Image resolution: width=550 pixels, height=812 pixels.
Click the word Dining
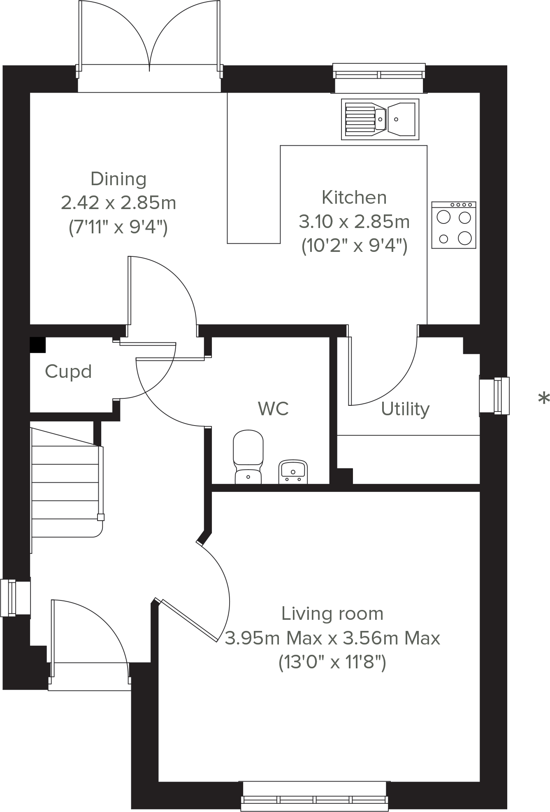(x=118, y=179)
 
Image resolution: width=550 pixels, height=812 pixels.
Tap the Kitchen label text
(x=354, y=198)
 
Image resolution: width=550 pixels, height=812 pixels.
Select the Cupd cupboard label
(x=68, y=372)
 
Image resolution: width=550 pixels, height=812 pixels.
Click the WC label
(x=273, y=409)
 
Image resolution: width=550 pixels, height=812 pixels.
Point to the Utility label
(x=405, y=409)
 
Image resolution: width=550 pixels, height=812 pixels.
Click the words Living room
(x=332, y=614)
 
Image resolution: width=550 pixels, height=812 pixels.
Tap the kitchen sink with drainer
(x=380, y=119)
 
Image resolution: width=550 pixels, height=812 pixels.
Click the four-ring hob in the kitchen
(x=454, y=225)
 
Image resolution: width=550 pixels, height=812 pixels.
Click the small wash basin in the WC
(x=293, y=472)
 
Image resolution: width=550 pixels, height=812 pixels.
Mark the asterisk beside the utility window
(x=543, y=399)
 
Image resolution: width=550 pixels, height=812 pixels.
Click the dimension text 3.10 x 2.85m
(x=354, y=222)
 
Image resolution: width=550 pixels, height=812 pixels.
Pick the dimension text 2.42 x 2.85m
(x=118, y=203)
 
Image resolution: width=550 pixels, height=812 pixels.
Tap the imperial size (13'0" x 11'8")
(x=332, y=663)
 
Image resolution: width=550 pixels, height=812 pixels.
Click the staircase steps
(x=65, y=482)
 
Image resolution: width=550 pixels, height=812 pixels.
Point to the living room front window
(x=315, y=798)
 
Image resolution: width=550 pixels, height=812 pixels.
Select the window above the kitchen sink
(x=379, y=74)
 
